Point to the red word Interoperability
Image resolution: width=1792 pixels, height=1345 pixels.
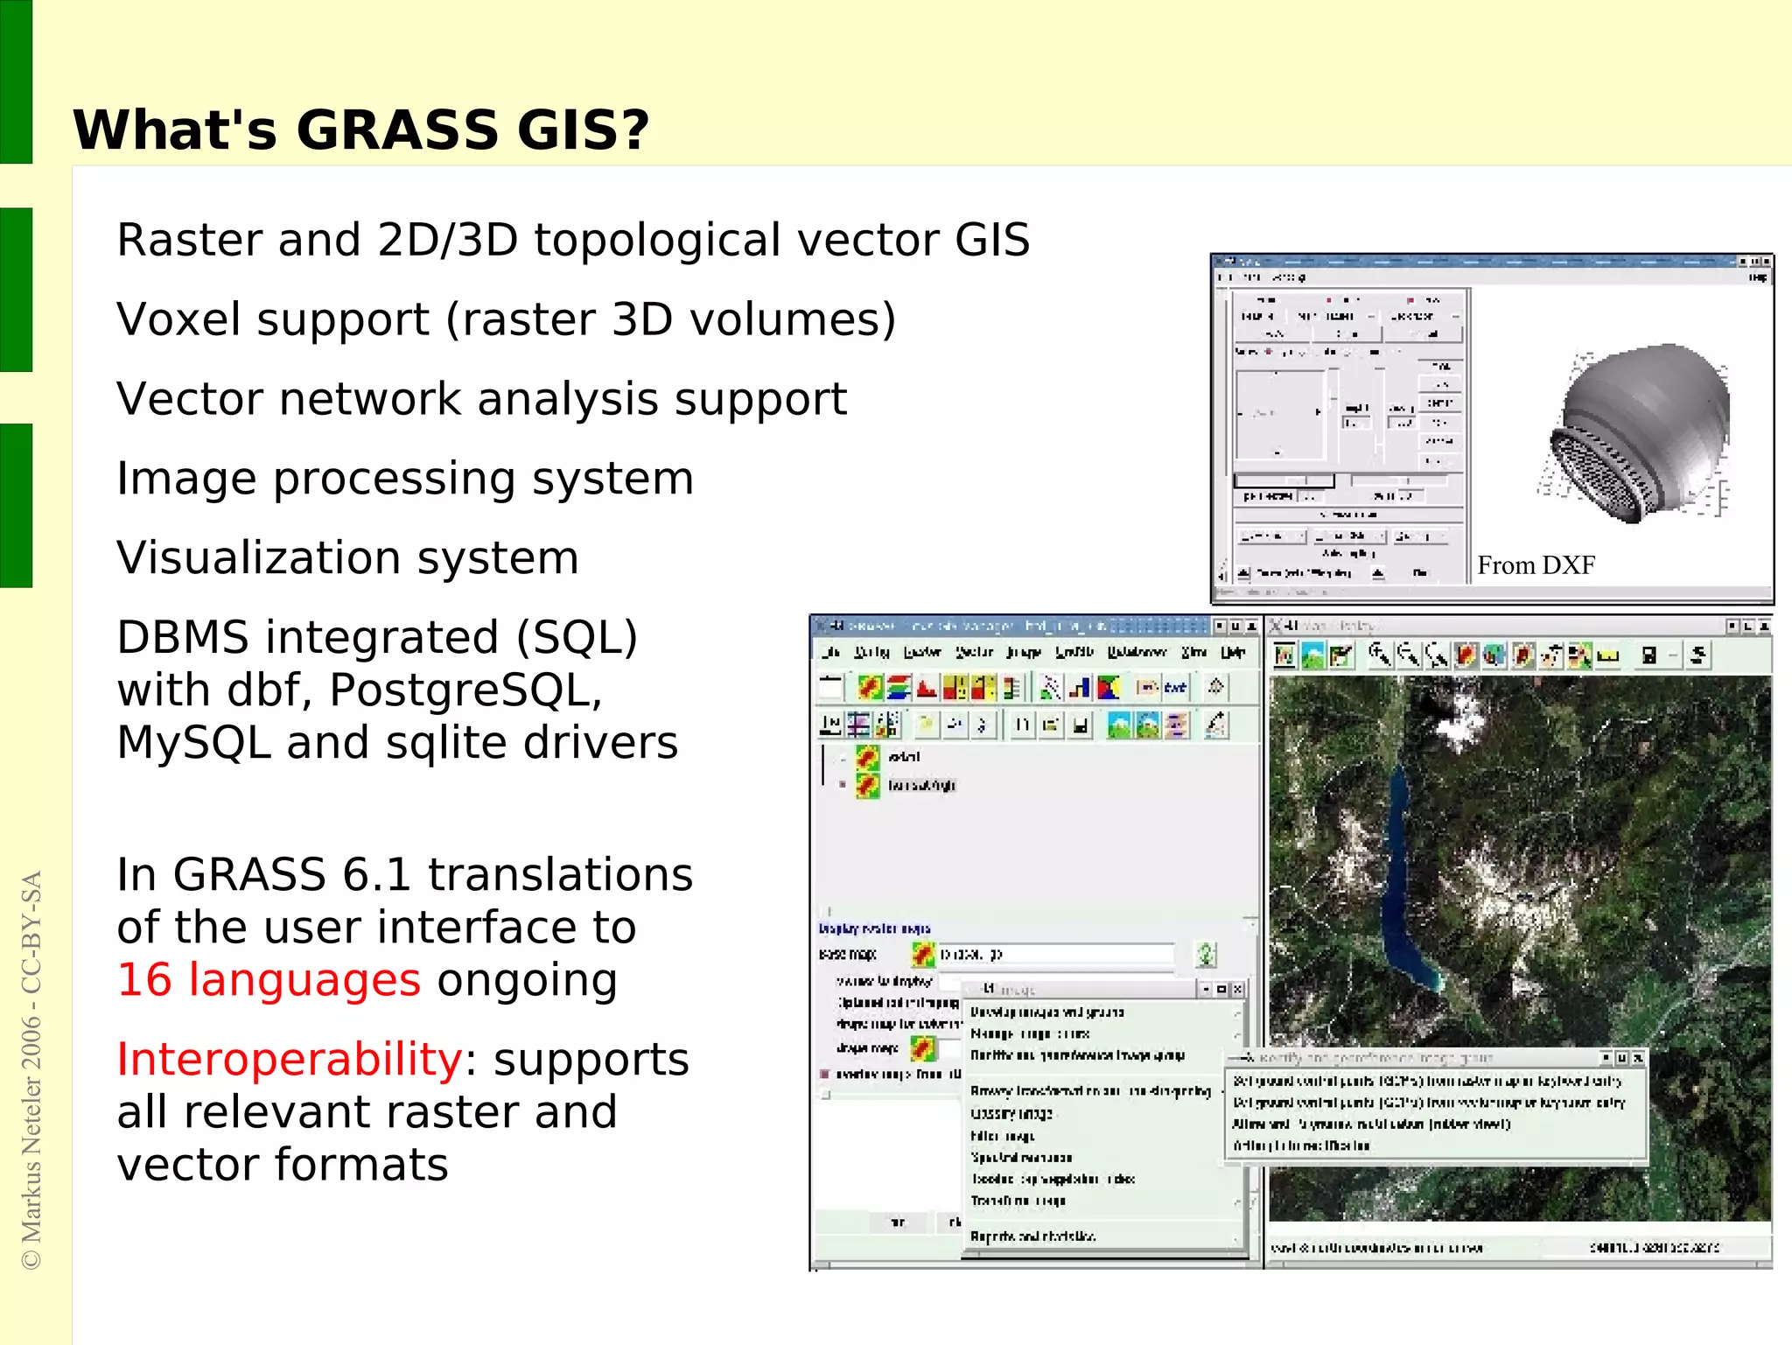pos(289,1060)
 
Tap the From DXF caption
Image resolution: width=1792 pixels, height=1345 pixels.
pos(1536,565)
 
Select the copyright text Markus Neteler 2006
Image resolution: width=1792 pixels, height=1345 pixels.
pos(31,1138)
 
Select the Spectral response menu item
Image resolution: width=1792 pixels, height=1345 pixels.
pos(1021,1158)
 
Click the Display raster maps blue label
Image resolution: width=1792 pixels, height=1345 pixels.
pos(874,928)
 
